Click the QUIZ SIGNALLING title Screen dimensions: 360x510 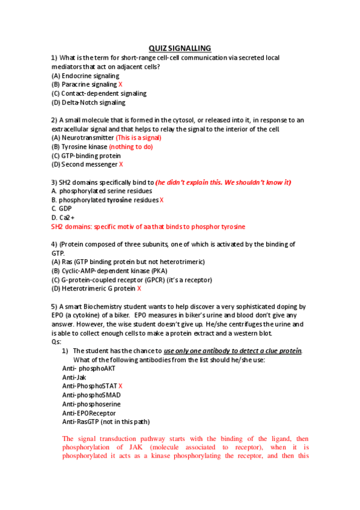(180, 49)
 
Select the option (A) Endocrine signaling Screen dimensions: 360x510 (85, 76)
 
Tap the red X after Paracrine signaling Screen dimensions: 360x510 (120, 85)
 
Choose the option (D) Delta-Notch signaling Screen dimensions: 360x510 (88, 102)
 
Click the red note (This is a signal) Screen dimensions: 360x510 (138, 138)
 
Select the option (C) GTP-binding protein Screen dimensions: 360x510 (86, 155)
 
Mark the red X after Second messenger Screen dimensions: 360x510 (121, 164)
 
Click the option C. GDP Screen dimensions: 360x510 (61, 209)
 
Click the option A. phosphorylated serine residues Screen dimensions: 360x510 (102, 191)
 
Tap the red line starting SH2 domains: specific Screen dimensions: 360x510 (148, 227)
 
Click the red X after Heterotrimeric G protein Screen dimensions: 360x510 (139, 288)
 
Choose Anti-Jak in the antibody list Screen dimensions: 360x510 (74, 377)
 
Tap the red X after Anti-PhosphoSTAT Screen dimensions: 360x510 (120, 386)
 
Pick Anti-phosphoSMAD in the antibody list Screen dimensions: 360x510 (91, 395)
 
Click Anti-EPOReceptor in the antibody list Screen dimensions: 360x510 (89, 413)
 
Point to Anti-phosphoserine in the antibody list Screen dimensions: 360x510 (92, 404)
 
